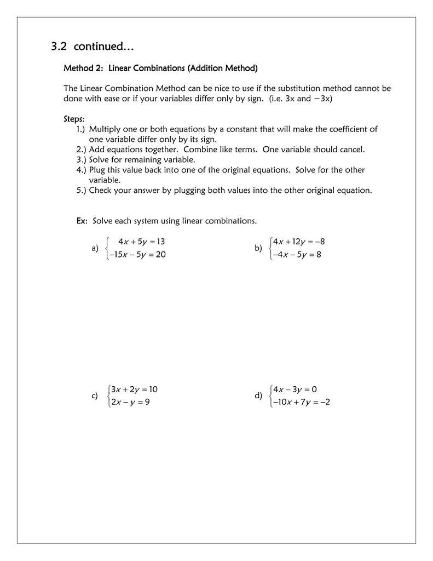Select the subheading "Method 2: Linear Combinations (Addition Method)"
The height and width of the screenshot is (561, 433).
[x=160, y=68]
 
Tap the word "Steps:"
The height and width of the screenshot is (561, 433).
[x=74, y=119]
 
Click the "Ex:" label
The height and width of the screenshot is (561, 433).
[x=82, y=221]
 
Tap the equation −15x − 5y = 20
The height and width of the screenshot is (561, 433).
[x=137, y=255]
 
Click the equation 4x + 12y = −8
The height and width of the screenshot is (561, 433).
[x=299, y=242]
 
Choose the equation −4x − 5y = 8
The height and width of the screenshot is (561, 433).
[x=296, y=255]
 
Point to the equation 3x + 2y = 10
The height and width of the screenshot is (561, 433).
[x=134, y=390]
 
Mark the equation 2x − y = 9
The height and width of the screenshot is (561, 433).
[x=130, y=403]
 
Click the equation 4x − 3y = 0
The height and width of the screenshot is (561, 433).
[x=295, y=390]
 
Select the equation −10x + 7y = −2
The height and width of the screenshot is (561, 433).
[x=301, y=403]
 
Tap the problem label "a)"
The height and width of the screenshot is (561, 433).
[x=95, y=248]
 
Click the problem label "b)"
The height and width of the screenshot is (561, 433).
[x=258, y=248]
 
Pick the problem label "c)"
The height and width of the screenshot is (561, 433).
[x=95, y=396]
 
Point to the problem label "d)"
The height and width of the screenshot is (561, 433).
[x=258, y=396]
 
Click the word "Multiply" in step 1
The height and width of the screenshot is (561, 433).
[x=105, y=129]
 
